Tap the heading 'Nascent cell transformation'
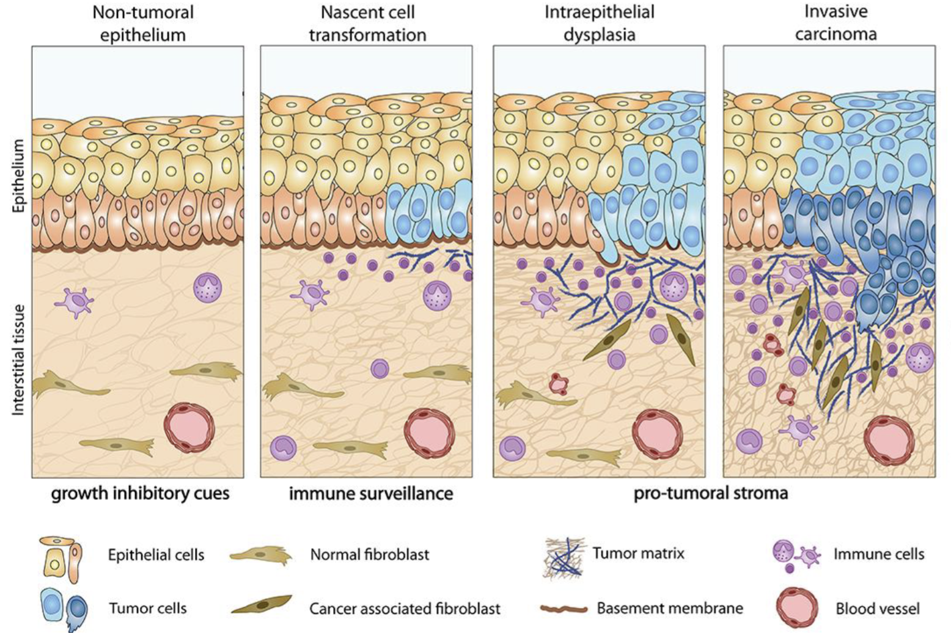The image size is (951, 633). tap(367, 23)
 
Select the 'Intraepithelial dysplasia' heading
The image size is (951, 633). tap(599, 23)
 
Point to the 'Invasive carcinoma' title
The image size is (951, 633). tap(835, 22)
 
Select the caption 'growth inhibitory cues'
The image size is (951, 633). tap(140, 493)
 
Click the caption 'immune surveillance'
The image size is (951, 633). tap(371, 493)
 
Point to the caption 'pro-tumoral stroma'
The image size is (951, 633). tap(711, 493)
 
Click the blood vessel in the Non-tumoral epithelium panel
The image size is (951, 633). tap(189, 427)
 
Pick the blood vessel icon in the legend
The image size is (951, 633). tap(797, 607)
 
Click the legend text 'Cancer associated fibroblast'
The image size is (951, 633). tap(405, 609)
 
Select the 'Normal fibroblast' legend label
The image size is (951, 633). tap(370, 555)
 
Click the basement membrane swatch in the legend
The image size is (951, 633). tap(564, 609)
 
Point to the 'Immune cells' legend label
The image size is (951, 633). tap(879, 554)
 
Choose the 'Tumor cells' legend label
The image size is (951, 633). tap(148, 609)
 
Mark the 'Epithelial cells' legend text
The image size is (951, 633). tap(156, 555)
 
